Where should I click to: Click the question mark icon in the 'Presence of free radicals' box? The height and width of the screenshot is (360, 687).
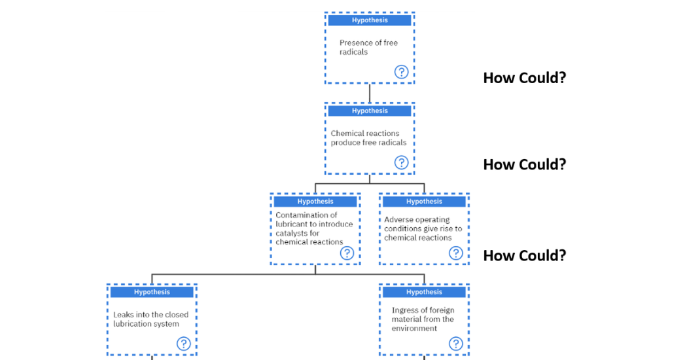pyautogui.click(x=401, y=72)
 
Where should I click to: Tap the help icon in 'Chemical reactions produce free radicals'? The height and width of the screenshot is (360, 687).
pyautogui.click(x=401, y=162)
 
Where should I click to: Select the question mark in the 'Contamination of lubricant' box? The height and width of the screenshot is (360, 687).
pyautogui.click(x=347, y=253)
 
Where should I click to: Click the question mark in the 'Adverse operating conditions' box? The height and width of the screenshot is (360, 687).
pyautogui.click(x=455, y=253)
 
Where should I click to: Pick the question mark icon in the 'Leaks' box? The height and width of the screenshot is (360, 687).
pyautogui.click(x=184, y=344)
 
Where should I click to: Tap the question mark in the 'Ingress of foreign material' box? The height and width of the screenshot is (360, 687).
pyautogui.click(x=455, y=344)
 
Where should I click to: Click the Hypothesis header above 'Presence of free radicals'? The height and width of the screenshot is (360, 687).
pyautogui.click(x=370, y=20)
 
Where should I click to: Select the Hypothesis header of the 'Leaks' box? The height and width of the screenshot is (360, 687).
pyautogui.click(x=152, y=292)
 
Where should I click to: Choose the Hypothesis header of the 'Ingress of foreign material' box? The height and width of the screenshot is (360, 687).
pyautogui.click(x=424, y=292)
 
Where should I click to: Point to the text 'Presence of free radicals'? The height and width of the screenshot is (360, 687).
pyautogui.click(x=368, y=47)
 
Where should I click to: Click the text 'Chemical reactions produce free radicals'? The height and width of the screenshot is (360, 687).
pyautogui.click(x=368, y=138)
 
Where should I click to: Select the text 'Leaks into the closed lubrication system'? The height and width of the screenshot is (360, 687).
pyautogui.click(x=150, y=319)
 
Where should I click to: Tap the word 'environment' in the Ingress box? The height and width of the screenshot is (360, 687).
pyautogui.click(x=414, y=329)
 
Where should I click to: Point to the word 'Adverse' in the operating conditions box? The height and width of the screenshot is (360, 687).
pyautogui.click(x=398, y=220)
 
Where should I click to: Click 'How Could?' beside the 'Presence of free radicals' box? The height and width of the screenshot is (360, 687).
pyautogui.click(x=524, y=78)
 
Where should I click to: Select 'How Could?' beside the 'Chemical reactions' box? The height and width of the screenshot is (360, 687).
pyautogui.click(x=524, y=164)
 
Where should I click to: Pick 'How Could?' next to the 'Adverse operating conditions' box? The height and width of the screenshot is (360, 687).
pyautogui.click(x=524, y=255)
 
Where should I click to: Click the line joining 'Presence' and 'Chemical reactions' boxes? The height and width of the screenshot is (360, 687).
pyautogui.click(x=370, y=93)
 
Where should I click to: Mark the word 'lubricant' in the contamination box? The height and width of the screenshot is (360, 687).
pyautogui.click(x=293, y=224)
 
